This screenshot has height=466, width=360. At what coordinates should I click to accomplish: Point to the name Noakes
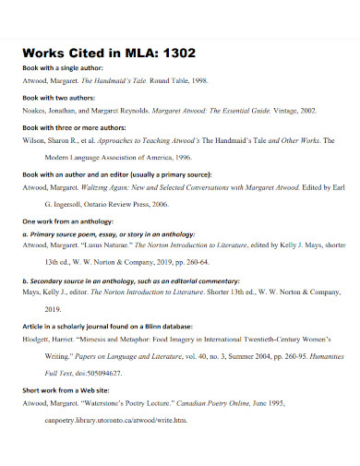(x=35, y=110)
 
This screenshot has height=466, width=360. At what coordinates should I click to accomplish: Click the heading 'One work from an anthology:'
(x=73, y=221)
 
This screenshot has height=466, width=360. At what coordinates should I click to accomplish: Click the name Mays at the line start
(x=32, y=292)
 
